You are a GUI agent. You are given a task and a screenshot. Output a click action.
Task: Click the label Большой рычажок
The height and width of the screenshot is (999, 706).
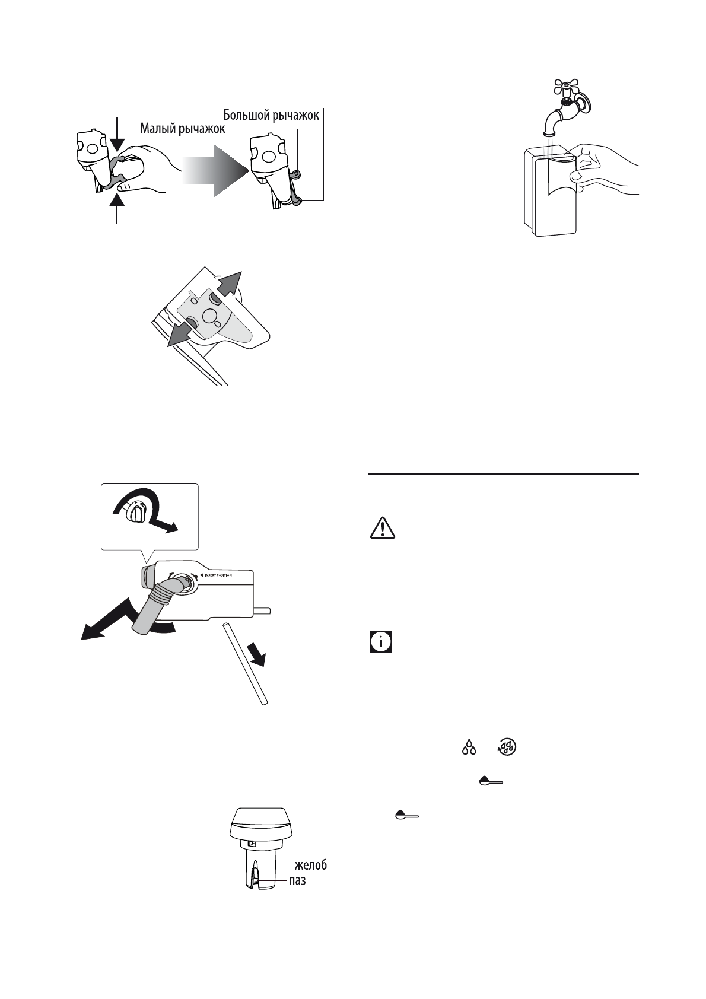coord(271,115)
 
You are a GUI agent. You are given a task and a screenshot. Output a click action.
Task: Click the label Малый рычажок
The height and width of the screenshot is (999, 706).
coord(182,129)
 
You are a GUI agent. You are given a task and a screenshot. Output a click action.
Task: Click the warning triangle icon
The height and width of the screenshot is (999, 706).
coord(383,527)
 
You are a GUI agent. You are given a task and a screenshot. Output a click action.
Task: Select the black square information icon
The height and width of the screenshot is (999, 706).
coord(381,642)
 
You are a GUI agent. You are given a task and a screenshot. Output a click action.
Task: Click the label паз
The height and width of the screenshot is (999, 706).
coord(297,881)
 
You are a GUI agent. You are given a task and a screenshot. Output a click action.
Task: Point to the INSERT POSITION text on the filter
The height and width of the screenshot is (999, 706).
coord(218,575)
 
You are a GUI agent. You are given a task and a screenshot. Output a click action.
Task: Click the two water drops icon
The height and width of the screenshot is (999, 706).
coord(469,747)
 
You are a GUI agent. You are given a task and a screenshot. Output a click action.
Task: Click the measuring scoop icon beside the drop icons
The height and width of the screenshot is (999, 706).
coord(491,781)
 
